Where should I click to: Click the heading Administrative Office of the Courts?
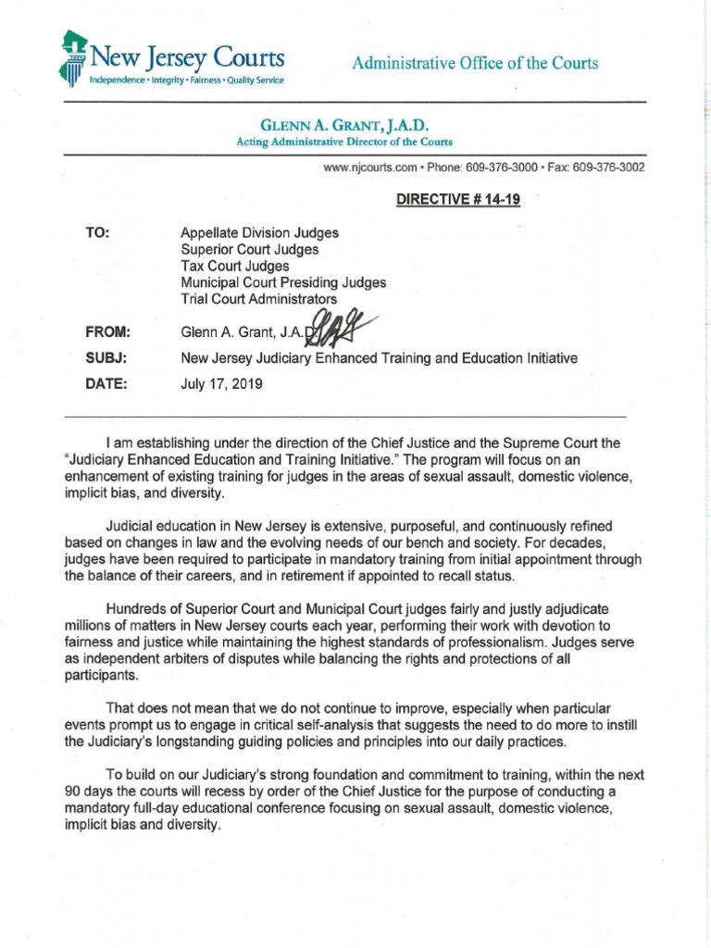pos(475,63)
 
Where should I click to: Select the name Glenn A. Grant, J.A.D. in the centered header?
pos(345,125)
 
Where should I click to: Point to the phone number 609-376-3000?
pos(499,168)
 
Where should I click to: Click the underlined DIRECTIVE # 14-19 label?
pos(458,200)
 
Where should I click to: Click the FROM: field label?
pos(107,331)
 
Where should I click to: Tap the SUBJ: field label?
pos(106,357)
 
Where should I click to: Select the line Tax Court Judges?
pos(234,267)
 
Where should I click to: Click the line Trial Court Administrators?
pos(259,299)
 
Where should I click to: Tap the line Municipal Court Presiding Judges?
pos(283,282)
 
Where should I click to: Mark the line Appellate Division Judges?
pos(259,233)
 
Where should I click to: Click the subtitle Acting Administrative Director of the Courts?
pos(345,142)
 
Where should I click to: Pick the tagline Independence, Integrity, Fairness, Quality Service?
pos(186,81)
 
